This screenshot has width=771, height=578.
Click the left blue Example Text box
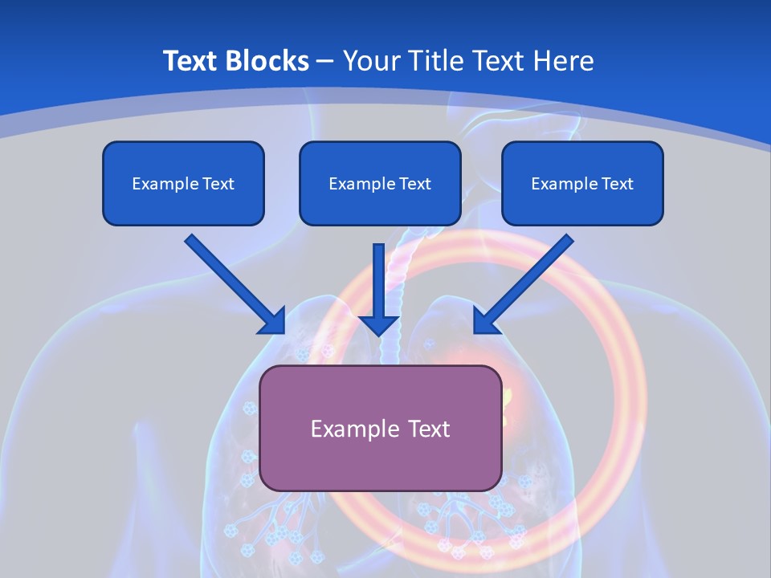pos(183,184)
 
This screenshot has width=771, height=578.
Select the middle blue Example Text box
pos(380,184)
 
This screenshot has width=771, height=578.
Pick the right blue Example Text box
pos(582,184)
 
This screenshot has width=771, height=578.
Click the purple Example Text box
pos(381,428)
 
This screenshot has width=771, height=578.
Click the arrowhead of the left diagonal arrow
pos(273,321)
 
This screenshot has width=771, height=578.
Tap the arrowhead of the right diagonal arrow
pos(485,320)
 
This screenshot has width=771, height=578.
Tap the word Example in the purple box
pos(354,429)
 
